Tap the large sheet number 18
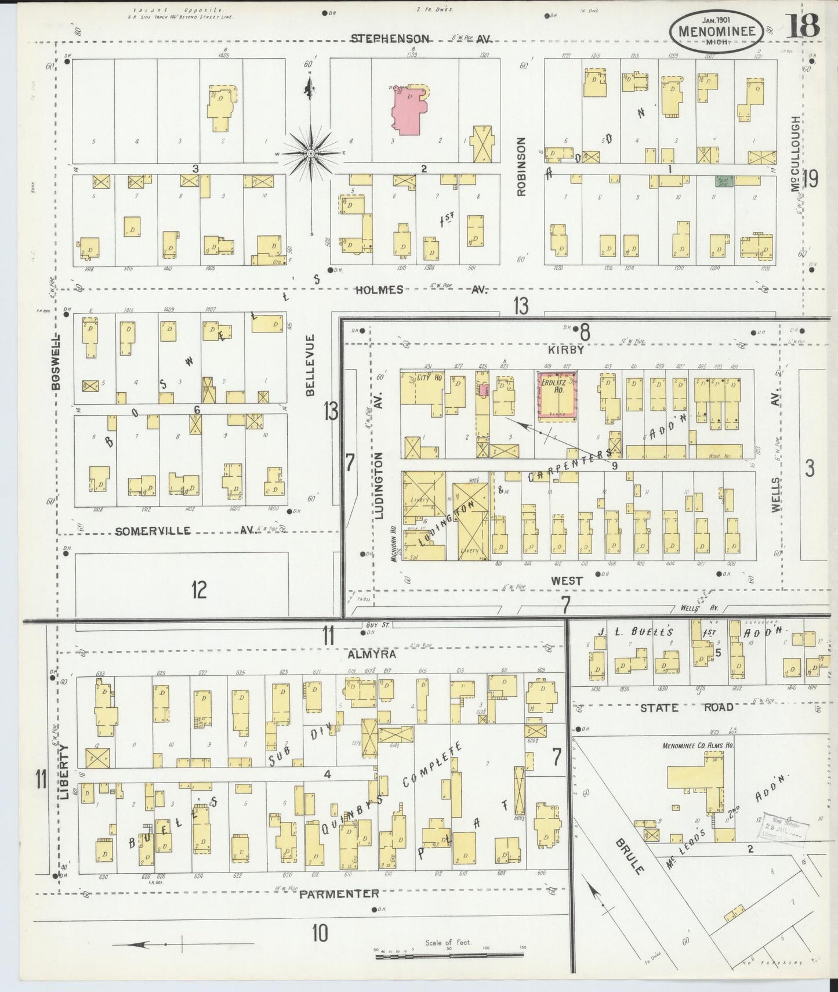point(803,26)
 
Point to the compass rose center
point(311,153)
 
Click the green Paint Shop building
point(724,181)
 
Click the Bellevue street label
point(310,365)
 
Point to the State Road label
point(687,707)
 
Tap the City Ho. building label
point(430,377)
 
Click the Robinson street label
point(521,166)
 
